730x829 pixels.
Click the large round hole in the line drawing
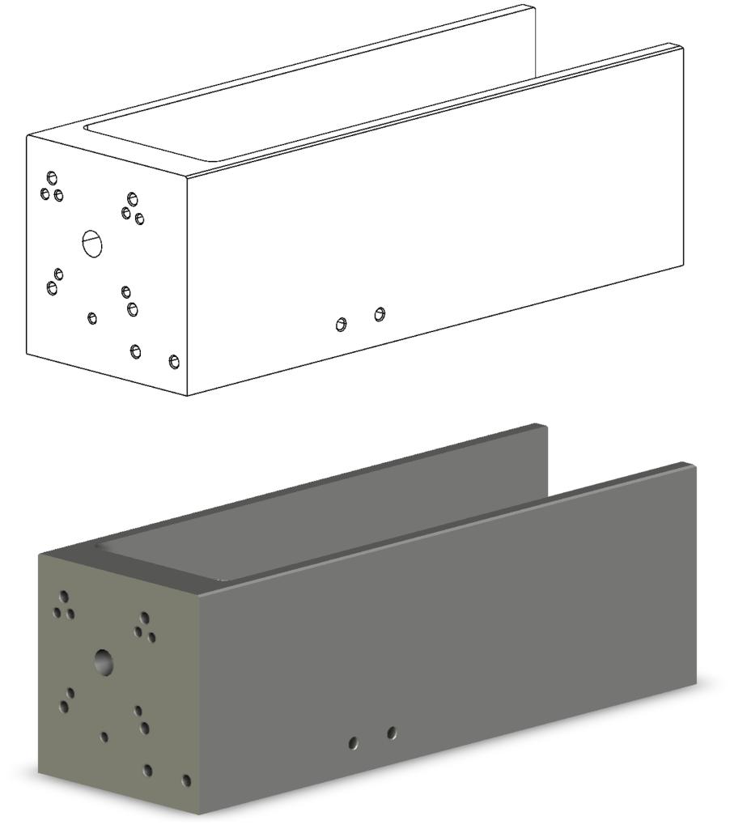[x=93, y=242]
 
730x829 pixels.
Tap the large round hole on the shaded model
[x=104, y=661]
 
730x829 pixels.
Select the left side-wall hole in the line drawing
[x=342, y=325]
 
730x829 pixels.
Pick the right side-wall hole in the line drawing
[x=380, y=313]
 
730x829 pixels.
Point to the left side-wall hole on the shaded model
[x=353, y=742]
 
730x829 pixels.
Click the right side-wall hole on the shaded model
[x=392, y=733]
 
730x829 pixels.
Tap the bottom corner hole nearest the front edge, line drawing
[x=174, y=361]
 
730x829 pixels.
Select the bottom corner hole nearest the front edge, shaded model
[x=186, y=780]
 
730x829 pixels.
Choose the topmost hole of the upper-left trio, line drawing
[x=53, y=176]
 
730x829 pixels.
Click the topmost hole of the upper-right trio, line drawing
[x=133, y=198]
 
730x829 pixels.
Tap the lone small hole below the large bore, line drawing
[x=92, y=317]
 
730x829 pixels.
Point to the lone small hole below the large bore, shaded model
[x=104, y=737]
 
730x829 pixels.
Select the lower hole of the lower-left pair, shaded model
[x=64, y=707]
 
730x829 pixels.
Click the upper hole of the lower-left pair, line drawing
[x=59, y=274]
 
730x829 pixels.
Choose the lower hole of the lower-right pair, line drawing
[x=133, y=308]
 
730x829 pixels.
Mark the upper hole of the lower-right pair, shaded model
[x=138, y=711]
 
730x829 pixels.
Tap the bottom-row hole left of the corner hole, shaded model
[x=147, y=770]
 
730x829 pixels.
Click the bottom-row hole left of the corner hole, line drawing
[x=136, y=351]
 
